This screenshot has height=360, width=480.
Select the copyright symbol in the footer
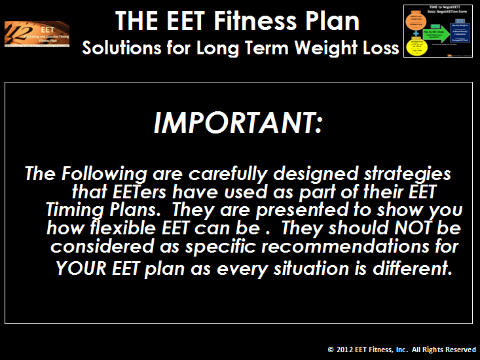pos(331,350)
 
